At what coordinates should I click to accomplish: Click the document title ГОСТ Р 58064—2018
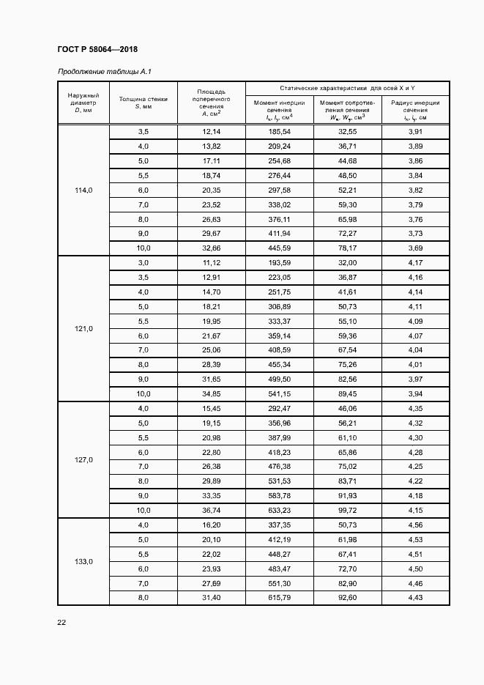coord(97,49)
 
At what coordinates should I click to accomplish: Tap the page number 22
coord(62,622)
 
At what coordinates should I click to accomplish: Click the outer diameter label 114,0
coord(83,190)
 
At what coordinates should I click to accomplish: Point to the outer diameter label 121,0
coord(83,329)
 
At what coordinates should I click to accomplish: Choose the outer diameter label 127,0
coord(83,459)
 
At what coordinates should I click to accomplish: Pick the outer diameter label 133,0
coord(83,562)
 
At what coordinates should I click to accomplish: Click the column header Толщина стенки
coord(143,102)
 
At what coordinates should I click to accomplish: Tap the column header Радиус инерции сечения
coord(415,110)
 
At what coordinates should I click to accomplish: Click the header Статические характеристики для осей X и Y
coord(347,88)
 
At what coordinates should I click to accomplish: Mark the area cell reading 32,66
coord(211,248)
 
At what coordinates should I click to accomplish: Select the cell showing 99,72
coord(347,510)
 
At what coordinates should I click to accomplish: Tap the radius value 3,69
coord(415,248)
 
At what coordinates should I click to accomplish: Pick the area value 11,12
coord(211,262)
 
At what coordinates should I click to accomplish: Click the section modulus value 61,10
coord(347,437)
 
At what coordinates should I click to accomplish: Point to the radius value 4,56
coord(415,525)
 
